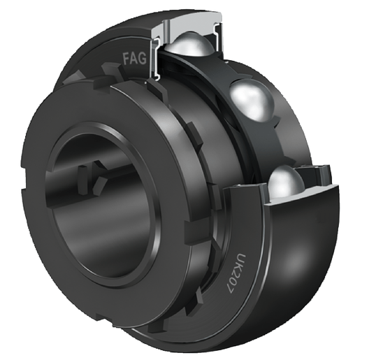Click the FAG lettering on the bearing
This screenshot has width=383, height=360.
135,59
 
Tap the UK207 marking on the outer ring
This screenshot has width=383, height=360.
233,273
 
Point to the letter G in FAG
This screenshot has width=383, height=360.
142,59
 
